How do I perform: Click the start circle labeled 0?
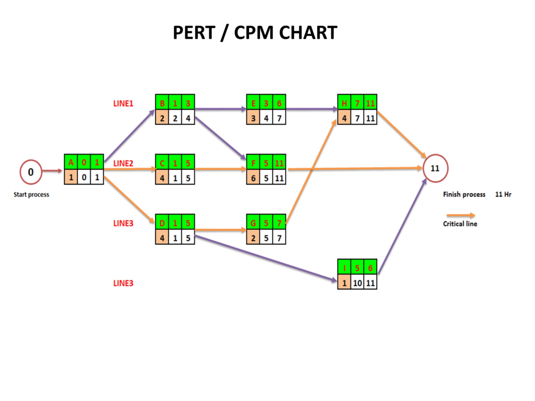(31, 172)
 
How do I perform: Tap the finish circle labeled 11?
(435, 169)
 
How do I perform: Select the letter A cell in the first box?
(71, 162)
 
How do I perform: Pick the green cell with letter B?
(162, 102)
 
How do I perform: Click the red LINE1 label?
(123, 103)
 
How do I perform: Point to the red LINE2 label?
(123, 163)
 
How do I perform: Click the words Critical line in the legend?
(460, 224)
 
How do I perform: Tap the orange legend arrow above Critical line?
(460, 215)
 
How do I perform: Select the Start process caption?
(31, 195)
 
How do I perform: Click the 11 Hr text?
(503, 194)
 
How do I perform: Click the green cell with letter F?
(253, 162)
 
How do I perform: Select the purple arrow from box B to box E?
(220, 110)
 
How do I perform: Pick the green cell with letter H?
(344, 102)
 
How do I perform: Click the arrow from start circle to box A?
(53, 171)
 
